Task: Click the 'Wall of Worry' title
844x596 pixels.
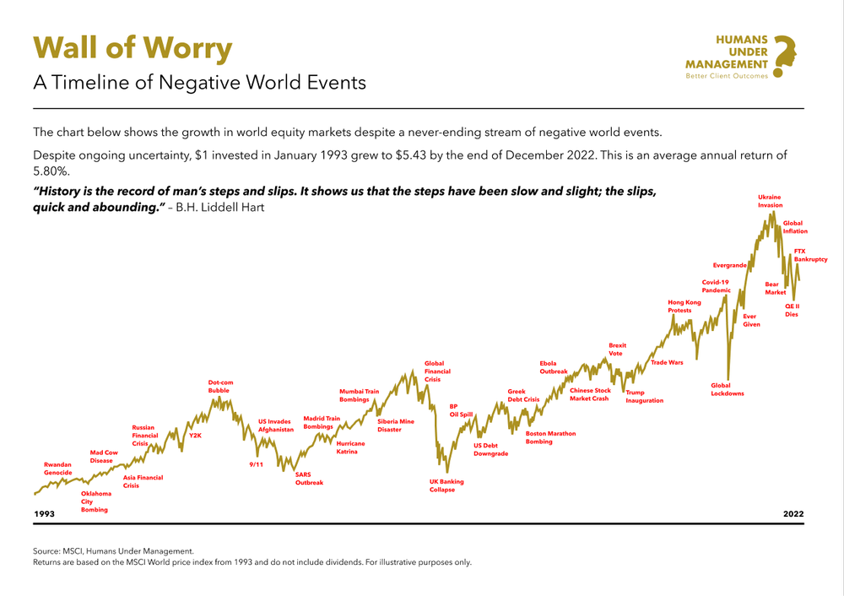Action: pyautogui.click(x=133, y=49)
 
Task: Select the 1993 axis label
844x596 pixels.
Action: pyautogui.click(x=44, y=514)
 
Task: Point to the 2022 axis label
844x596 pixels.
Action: pyautogui.click(x=793, y=514)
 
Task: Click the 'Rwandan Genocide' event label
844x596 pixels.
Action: pyautogui.click(x=57, y=469)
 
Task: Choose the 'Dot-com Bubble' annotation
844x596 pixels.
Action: pyautogui.click(x=220, y=387)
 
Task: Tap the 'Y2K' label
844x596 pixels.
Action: pyautogui.click(x=195, y=436)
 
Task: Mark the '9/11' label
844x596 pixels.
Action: pyautogui.click(x=257, y=464)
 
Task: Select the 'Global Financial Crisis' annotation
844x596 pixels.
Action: pyautogui.click(x=437, y=371)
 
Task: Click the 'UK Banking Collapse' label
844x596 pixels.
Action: pyautogui.click(x=446, y=485)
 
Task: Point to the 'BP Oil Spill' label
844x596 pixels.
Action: pyautogui.click(x=461, y=410)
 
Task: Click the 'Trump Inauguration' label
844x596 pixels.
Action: pyautogui.click(x=644, y=397)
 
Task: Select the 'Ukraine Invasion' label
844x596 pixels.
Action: pyautogui.click(x=770, y=201)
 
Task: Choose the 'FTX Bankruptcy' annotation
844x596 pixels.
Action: pyautogui.click(x=810, y=255)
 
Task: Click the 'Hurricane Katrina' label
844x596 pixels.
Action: pyautogui.click(x=350, y=447)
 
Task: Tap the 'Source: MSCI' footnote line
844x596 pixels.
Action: pyautogui.click(x=113, y=550)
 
